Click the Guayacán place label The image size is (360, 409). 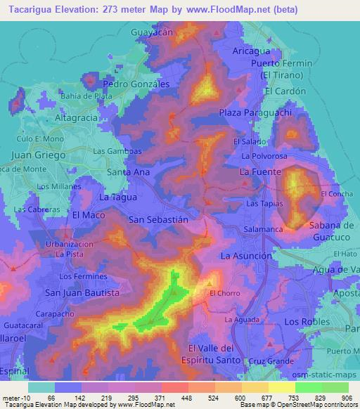pyautogui.click(x=155, y=32)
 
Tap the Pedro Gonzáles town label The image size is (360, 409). pyautogui.click(x=136, y=83)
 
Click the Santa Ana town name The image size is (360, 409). pyautogui.click(x=128, y=171)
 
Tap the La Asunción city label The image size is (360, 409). pyautogui.click(x=246, y=256)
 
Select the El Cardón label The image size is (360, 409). pyautogui.click(x=286, y=91)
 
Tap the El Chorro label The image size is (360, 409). pyautogui.click(x=225, y=293)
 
